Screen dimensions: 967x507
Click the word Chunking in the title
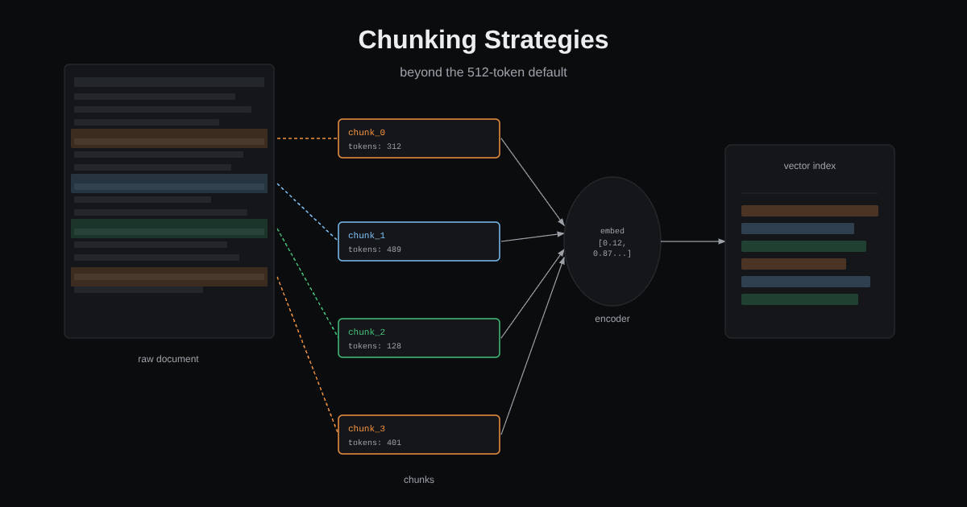417,40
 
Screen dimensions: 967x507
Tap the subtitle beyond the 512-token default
483,72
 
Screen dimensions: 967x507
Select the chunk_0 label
367,132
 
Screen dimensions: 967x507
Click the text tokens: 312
375,146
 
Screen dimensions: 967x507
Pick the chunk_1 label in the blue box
367,235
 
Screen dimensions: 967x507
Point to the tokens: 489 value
375,249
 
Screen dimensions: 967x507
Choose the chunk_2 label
367,332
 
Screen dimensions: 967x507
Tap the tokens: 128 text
375,346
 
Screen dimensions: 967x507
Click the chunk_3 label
367,428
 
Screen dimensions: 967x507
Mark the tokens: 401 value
375,443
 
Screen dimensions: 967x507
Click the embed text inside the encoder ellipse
612,231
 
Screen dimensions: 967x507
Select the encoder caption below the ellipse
612,319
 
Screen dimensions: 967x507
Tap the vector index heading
809,166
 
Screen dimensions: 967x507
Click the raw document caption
168,359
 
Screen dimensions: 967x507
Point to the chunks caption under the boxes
419,480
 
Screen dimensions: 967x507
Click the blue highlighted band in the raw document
169,183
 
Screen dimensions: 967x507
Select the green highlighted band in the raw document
169,229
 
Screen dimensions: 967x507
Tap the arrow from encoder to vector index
693,241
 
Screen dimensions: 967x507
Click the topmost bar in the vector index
809,211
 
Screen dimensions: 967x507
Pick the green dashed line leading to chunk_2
307,282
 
